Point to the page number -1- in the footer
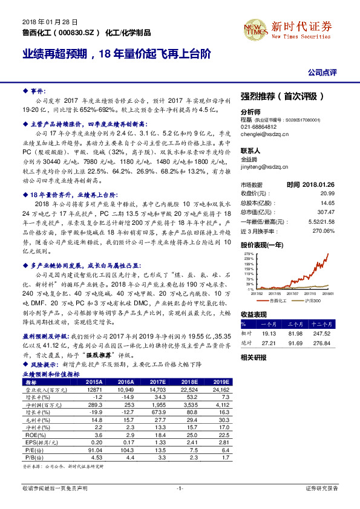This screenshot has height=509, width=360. [x=180, y=488]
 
